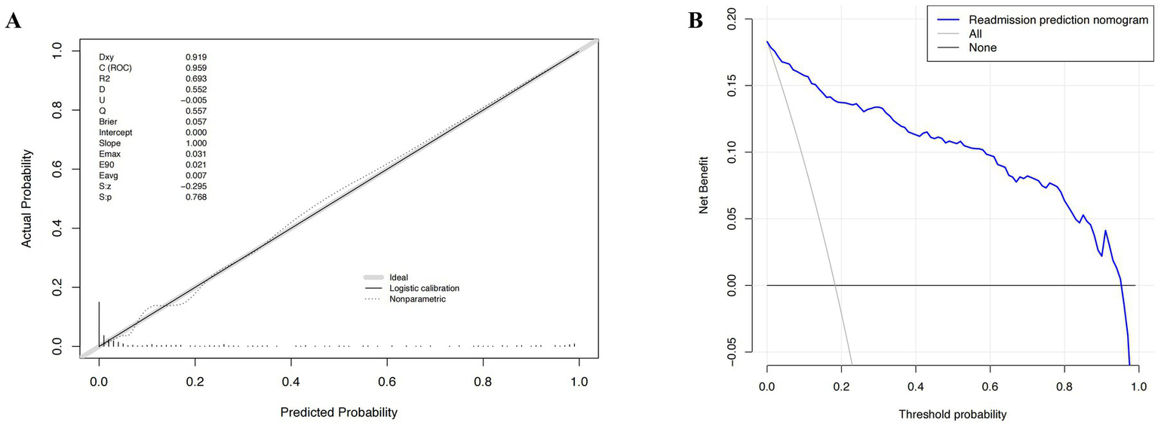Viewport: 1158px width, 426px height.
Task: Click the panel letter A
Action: pos(13,21)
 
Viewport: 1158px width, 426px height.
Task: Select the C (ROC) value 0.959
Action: pos(196,67)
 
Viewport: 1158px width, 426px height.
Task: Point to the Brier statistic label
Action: pos(109,121)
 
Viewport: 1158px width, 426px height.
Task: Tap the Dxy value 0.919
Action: pos(196,57)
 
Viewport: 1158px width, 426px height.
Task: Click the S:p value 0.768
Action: pos(196,197)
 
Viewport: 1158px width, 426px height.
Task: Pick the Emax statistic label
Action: pos(111,154)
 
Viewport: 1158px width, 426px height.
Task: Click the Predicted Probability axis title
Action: pos(338,413)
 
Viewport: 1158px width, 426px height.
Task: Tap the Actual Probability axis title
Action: pos(26,198)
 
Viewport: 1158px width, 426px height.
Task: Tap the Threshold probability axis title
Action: pos(952,414)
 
